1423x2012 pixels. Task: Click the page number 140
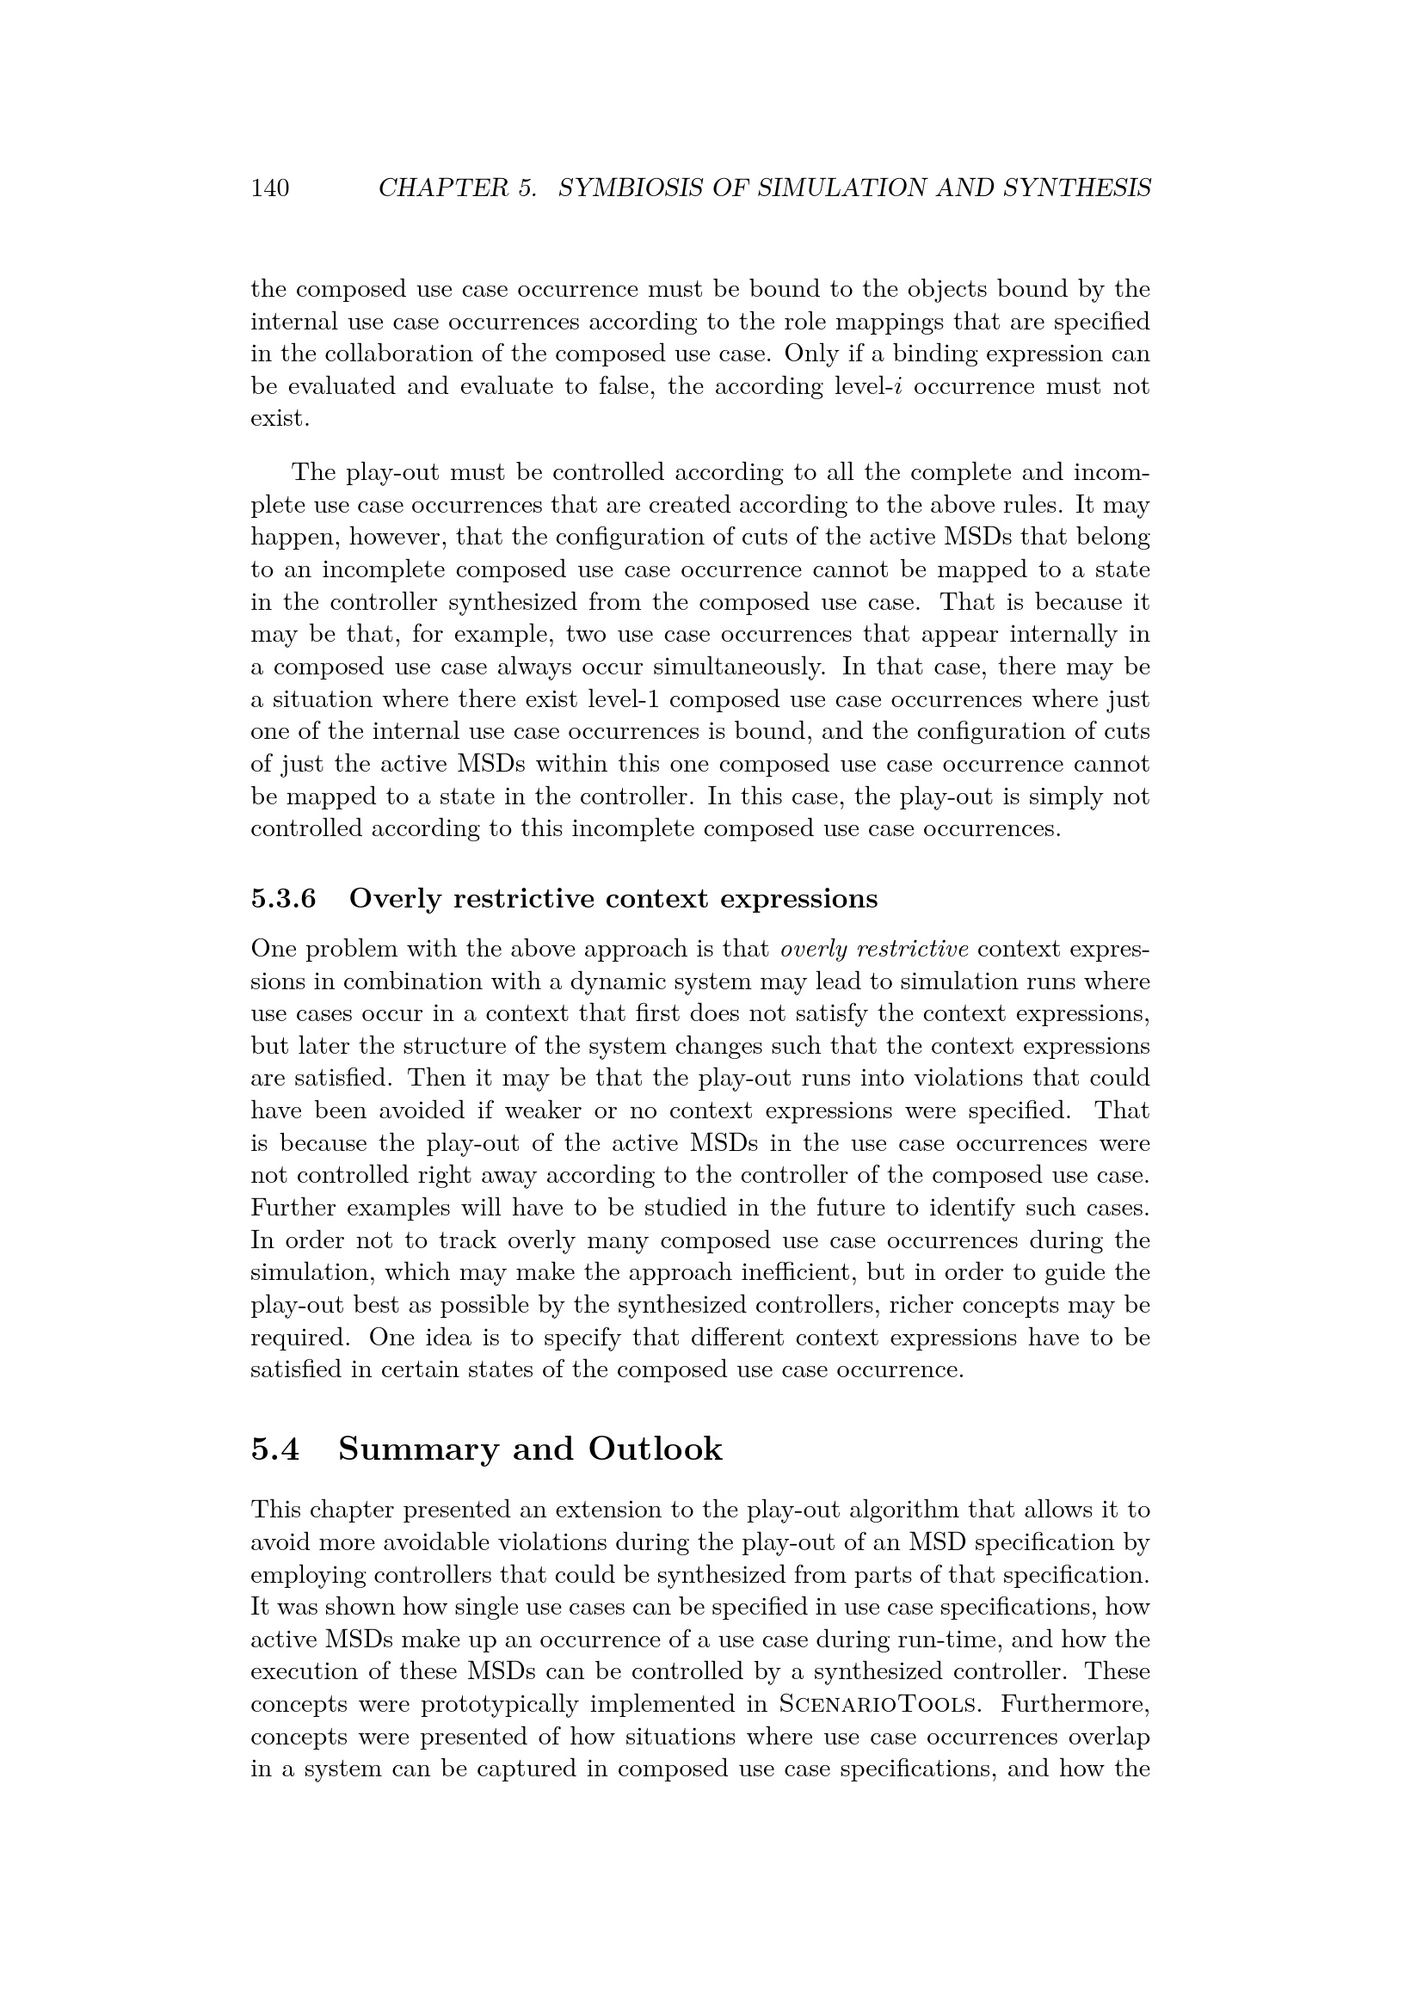point(270,188)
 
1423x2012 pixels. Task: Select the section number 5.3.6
point(283,899)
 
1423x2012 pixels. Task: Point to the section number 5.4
point(275,1449)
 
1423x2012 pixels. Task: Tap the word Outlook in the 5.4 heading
point(655,1449)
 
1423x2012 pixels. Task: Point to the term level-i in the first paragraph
point(863,386)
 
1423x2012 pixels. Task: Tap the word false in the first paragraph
point(625,386)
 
